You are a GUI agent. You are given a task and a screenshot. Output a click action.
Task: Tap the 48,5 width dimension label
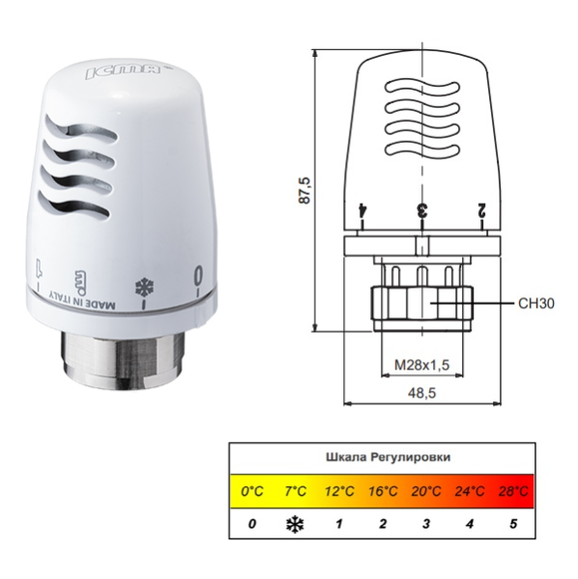coord(422,393)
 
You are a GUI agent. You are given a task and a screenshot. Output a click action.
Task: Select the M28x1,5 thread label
coord(421,366)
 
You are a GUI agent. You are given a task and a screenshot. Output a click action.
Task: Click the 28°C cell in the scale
coord(512,491)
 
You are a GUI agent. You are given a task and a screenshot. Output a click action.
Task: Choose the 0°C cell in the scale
coord(252,491)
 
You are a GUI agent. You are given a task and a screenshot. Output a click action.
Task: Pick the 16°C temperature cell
coord(383,491)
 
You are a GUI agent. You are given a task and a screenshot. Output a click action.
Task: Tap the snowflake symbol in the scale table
coord(294,524)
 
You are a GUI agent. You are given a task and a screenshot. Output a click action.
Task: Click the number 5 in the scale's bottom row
coord(513,524)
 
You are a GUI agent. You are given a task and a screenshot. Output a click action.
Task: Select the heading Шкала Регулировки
coord(382,457)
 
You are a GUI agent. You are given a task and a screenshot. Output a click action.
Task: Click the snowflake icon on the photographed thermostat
coord(146,288)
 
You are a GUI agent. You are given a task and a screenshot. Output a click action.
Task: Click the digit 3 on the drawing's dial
coord(421,209)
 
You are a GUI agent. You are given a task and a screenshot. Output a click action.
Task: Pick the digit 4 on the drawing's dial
coord(361,209)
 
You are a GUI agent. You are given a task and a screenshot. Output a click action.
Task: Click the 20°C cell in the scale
coord(426,491)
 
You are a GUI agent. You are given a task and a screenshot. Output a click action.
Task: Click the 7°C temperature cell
coord(295,491)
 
